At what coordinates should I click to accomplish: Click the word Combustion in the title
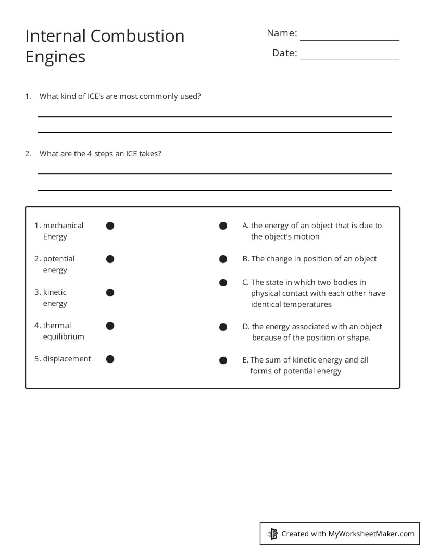tap(137, 36)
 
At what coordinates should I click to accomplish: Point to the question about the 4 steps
tap(101, 154)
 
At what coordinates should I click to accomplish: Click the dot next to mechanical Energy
tap(110, 226)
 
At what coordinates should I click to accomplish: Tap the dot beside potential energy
tap(110, 259)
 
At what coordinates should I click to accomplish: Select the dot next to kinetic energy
tap(110, 292)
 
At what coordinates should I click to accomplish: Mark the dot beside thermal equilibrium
tap(110, 326)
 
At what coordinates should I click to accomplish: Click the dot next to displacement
tap(110, 359)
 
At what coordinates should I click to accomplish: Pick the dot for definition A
tap(223, 226)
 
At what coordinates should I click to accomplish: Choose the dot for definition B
tap(223, 259)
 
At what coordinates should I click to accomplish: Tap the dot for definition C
tap(223, 283)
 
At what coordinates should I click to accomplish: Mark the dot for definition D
tap(223, 327)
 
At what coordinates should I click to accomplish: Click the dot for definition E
tap(223, 360)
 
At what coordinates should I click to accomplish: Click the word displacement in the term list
tap(67, 359)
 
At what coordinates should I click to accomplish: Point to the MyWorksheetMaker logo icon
tap(272, 533)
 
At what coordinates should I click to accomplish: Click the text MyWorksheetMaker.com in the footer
tap(371, 533)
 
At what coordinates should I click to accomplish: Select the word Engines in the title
tap(55, 57)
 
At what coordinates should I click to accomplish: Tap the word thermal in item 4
tap(57, 326)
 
